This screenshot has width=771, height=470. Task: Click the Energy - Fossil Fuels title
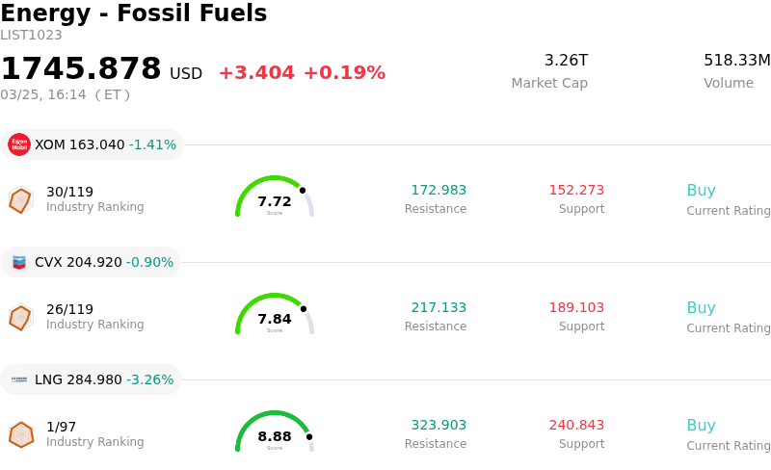pyautogui.click(x=134, y=14)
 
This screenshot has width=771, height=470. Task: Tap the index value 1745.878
pyautogui.click(x=81, y=69)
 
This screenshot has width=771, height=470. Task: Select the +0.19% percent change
pyautogui.click(x=344, y=73)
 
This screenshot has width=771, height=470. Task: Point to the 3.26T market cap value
pyautogui.click(x=566, y=61)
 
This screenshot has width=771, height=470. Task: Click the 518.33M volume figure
pyautogui.click(x=736, y=61)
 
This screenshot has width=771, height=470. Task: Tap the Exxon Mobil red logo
pyautogui.click(x=19, y=144)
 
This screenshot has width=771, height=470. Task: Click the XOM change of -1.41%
pyautogui.click(x=152, y=145)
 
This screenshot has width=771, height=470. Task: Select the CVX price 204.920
pyautogui.click(x=95, y=263)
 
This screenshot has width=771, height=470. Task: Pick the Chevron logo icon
pyautogui.click(x=19, y=262)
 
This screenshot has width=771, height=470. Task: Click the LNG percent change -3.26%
pyautogui.click(x=152, y=380)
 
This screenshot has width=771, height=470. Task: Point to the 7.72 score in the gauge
pyautogui.click(x=275, y=201)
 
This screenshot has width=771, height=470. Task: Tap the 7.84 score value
pyautogui.click(x=275, y=319)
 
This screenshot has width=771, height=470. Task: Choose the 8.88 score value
pyautogui.click(x=275, y=436)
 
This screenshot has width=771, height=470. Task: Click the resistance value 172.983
pyautogui.click(x=439, y=191)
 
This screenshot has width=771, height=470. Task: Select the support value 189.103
pyautogui.click(x=576, y=308)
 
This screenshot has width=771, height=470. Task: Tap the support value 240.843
pyautogui.click(x=576, y=426)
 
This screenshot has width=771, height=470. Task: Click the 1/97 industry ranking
pyautogui.click(x=62, y=427)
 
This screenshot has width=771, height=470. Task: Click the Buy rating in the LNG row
pyautogui.click(x=701, y=426)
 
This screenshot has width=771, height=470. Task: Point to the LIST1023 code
pyautogui.click(x=31, y=36)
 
